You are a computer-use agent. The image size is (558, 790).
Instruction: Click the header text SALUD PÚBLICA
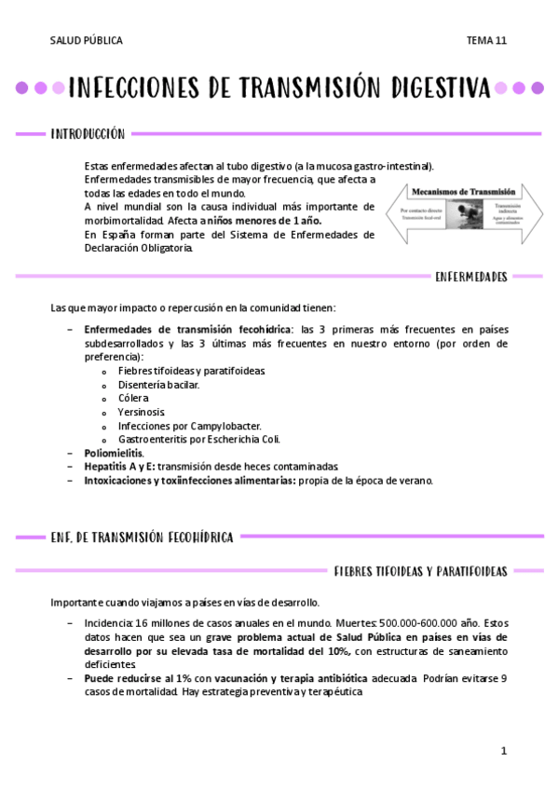click(x=86, y=41)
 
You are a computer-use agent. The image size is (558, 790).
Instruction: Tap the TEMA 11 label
click(x=486, y=41)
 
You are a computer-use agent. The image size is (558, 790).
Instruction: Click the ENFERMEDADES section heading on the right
click(x=470, y=276)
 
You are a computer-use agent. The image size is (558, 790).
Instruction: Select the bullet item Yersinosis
click(x=141, y=412)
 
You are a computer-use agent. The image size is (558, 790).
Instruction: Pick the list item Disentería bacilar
click(x=158, y=384)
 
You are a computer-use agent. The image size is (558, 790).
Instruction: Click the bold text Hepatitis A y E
click(x=119, y=467)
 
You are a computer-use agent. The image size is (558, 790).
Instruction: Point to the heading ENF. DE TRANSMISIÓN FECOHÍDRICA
click(x=142, y=537)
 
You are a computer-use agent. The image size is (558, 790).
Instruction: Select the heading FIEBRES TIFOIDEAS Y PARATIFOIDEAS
click(x=419, y=570)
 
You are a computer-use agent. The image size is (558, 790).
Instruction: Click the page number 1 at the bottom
click(x=503, y=750)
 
